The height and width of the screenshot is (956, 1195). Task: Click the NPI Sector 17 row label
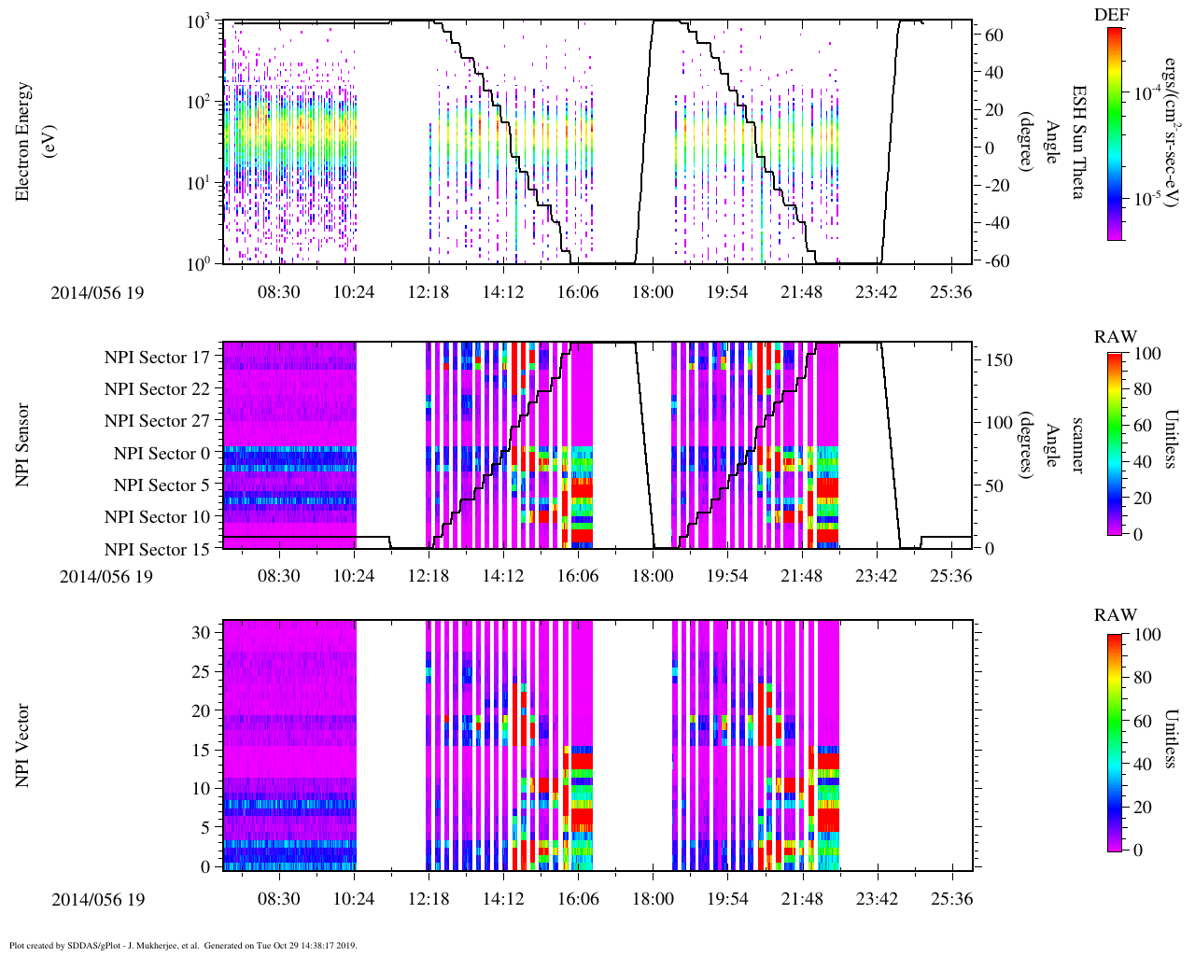coord(157,358)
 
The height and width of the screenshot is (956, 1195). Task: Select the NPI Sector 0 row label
coord(162,454)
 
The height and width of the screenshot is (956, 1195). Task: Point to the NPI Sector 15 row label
coord(157,550)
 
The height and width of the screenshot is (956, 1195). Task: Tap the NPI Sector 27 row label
coord(157,421)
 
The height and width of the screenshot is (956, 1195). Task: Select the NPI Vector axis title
coord(23,745)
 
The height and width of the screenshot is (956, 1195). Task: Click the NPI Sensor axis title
coord(23,444)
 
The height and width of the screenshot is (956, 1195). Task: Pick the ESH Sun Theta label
coord(1077,142)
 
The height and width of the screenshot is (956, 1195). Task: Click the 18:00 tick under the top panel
coord(653,292)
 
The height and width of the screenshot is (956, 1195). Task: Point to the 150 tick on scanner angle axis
coord(1000,360)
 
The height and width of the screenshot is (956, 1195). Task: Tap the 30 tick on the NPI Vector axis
coord(206,632)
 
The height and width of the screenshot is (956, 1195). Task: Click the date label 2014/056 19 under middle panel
coord(106,576)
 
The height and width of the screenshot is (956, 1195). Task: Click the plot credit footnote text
coord(183,946)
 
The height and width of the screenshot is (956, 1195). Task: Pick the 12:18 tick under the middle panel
coord(429,576)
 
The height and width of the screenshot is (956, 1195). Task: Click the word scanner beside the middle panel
coord(1077,444)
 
